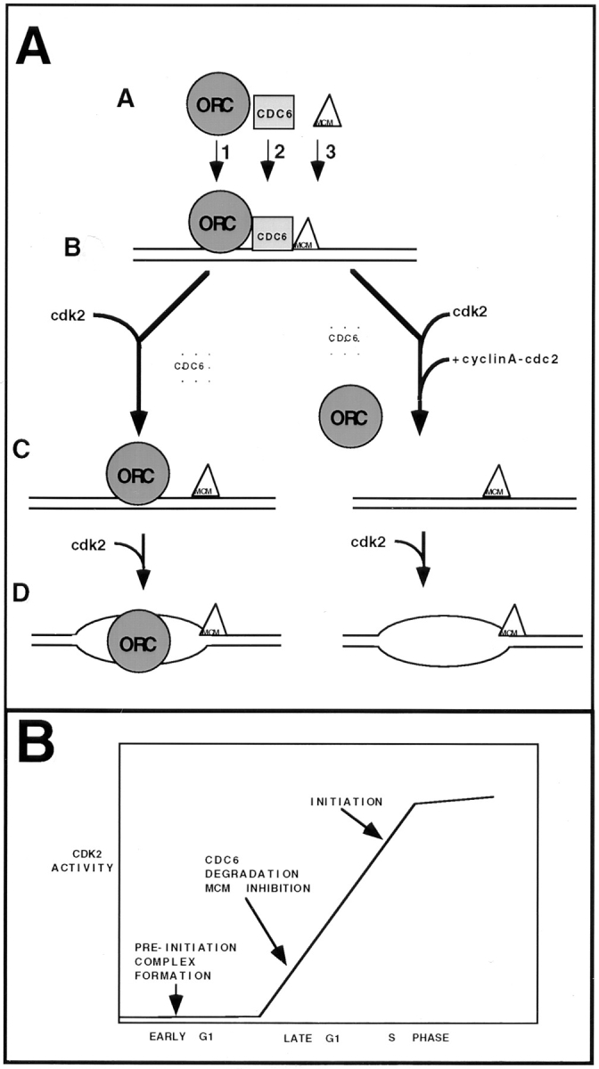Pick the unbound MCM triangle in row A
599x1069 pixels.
coord(327,112)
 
